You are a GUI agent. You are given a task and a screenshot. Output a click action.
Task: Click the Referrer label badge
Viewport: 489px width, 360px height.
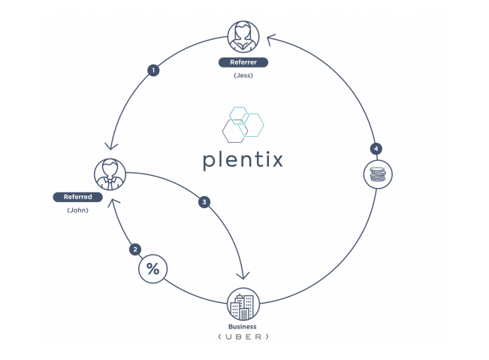(x=243, y=62)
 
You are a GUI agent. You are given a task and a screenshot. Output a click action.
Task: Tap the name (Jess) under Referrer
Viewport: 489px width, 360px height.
(x=243, y=75)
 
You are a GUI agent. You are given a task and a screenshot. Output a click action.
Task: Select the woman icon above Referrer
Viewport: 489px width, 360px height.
(x=243, y=36)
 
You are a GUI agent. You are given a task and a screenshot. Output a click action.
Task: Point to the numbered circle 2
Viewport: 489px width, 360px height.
(x=135, y=249)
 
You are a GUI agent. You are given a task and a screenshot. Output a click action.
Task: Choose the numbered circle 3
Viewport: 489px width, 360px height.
(x=204, y=201)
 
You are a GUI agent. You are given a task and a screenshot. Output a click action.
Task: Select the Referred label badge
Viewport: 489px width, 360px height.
(x=78, y=197)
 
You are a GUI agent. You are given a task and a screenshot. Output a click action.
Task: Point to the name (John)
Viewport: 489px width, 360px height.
(x=78, y=210)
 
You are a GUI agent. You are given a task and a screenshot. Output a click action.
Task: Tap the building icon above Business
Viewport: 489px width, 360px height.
(x=243, y=304)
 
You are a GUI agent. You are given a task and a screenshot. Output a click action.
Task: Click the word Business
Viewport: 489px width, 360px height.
(x=243, y=327)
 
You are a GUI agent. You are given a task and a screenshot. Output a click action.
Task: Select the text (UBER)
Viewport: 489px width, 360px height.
(x=243, y=337)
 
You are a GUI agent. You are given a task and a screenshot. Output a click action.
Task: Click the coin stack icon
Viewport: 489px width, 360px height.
(x=377, y=174)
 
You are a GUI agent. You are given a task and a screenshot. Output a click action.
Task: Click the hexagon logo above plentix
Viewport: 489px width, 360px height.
(x=243, y=124)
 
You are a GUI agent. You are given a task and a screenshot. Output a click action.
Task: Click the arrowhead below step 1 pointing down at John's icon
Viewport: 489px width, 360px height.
(x=110, y=147)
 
